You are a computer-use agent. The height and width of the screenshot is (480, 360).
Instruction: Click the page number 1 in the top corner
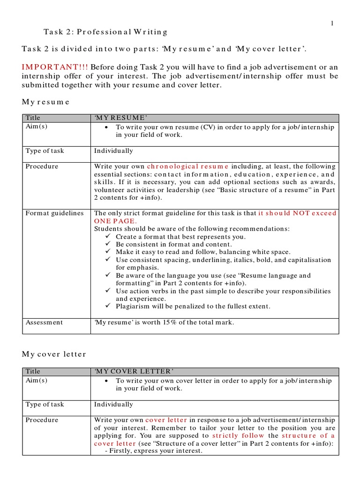332,24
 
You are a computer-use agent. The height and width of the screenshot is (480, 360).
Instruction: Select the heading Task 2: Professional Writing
105,32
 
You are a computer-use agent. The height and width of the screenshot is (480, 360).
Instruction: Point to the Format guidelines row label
54,213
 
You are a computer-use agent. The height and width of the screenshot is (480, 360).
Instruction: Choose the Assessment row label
44,322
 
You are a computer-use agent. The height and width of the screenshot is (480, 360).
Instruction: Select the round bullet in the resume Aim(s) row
107,127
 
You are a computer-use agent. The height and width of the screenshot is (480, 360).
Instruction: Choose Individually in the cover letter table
113,404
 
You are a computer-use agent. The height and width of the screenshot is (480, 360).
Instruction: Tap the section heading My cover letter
54,354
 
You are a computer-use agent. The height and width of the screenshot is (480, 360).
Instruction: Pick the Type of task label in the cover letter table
45,404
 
